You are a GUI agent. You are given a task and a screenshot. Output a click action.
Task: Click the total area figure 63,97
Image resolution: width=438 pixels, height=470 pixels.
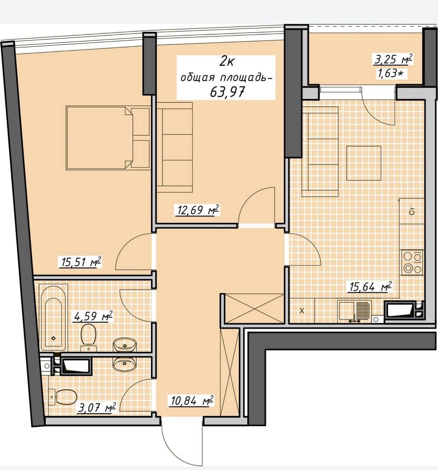click(x=227, y=92)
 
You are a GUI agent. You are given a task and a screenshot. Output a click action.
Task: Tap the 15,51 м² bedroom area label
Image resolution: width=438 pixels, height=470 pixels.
click(x=80, y=262)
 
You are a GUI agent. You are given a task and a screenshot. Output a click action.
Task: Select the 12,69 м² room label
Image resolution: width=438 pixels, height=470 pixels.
click(x=197, y=210)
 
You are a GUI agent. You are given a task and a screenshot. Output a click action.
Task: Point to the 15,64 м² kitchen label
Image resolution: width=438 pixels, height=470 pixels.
click(x=369, y=287)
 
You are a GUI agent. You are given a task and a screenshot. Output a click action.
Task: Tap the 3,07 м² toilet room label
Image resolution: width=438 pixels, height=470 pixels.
click(x=97, y=408)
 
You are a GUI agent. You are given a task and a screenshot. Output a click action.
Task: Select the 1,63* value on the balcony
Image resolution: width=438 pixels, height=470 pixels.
click(x=390, y=74)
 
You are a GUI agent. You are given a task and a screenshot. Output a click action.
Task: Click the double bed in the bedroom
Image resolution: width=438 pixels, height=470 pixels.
click(x=108, y=138)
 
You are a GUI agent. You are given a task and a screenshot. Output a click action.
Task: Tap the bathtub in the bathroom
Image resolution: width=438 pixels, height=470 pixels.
click(x=53, y=317)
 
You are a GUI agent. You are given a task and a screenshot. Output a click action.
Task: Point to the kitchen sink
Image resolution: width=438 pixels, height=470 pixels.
click(x=355, y=311)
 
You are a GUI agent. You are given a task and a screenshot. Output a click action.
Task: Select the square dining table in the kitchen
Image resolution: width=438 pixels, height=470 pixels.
click(x=364, y=163)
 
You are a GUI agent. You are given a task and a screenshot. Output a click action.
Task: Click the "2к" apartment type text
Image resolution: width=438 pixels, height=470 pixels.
click(x=227, y=62)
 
